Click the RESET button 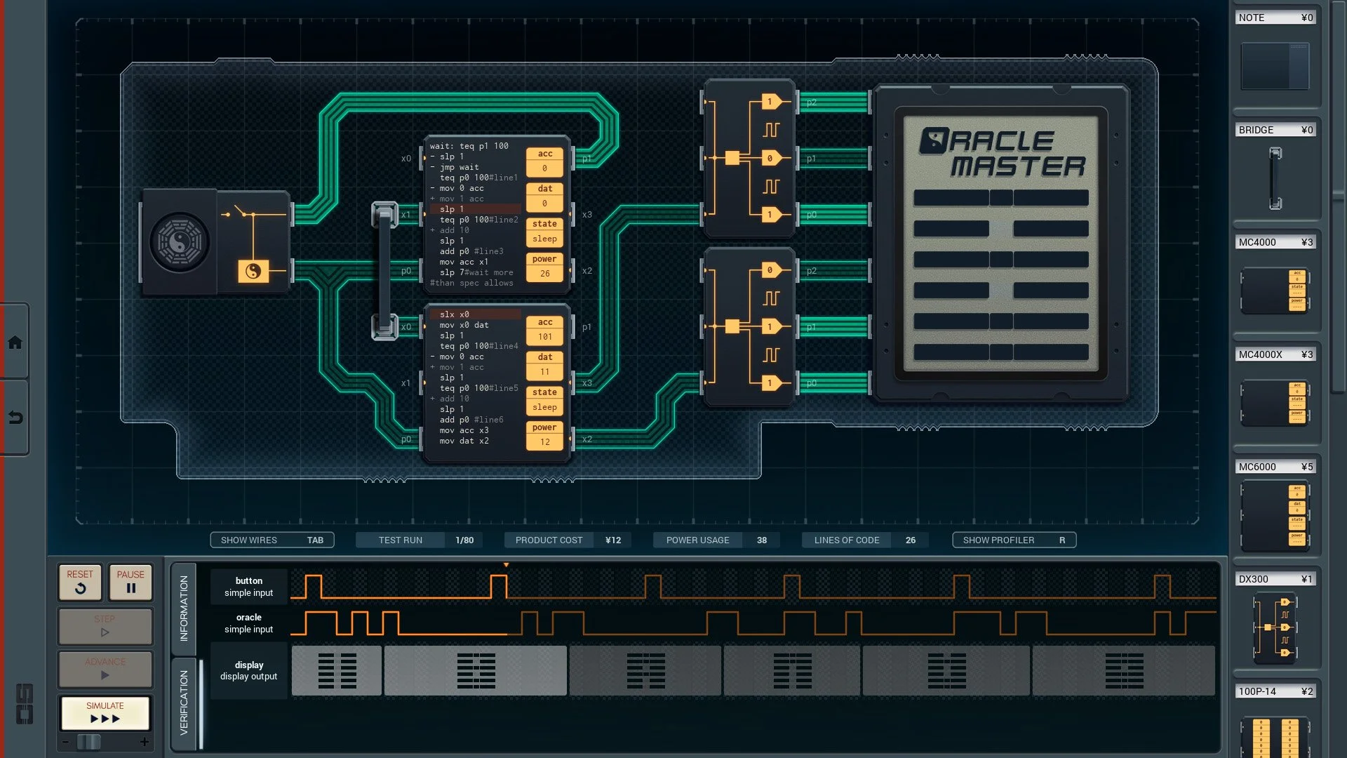(80, 582)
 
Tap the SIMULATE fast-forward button (105, 713)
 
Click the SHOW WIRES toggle (272, 540)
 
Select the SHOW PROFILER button (1014, 540)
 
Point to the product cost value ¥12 (613, 540)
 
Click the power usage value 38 (762, 540)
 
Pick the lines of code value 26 (911, 540)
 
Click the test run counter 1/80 (464, 540)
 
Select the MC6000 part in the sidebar (1275, 515)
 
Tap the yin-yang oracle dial (180, 243)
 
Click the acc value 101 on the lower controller (545, 337)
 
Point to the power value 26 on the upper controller (545, 274)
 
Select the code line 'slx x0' (455, 314)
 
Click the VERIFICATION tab (184, 702)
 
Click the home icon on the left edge (15, 343)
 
